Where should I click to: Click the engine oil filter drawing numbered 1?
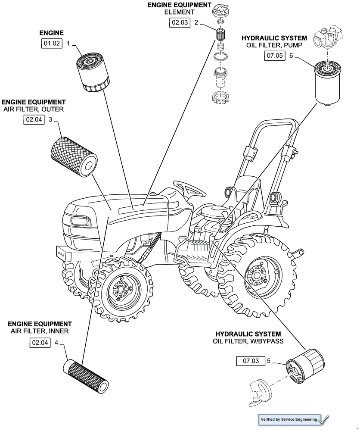[x=93, y=71]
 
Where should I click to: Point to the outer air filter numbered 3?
[x=72, y=155]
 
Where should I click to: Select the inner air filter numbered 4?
[x=86, y=375]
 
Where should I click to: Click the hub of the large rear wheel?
[x=258, y=275]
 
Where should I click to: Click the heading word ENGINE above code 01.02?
[x=52, y=33]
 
